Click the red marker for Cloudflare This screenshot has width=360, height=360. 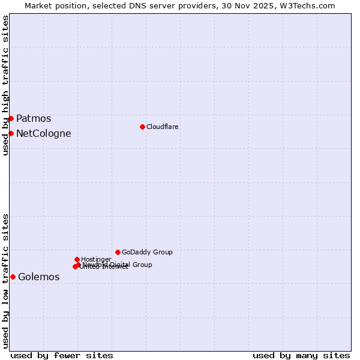click(x=142, y=127)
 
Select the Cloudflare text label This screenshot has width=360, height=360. click(x=163, y=127)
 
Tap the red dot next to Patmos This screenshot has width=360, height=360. click(x=11, y=118)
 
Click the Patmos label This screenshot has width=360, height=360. click(x=34, y=119)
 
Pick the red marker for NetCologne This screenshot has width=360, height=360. click(x=11, y=133)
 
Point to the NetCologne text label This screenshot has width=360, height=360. click(x=44, y=134)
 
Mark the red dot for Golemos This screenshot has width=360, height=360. click(x=13, y=277)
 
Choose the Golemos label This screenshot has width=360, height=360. click(x=39, y=277)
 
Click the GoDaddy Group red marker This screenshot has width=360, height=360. click(x=118, y=252)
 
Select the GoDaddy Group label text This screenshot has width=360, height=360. click(x=147, y=252)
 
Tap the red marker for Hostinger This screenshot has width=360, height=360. click(x=77, y=259)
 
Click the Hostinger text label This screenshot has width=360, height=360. click(x=96, y=259)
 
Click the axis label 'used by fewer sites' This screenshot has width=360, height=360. click(x=62, y=355)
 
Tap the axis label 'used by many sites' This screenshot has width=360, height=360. click(x=301, y=355)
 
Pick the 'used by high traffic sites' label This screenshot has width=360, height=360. click(x=5, y=85)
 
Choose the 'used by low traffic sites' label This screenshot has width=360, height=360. click(x=5, y=280)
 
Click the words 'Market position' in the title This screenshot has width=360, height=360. click(x=52, y=5)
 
